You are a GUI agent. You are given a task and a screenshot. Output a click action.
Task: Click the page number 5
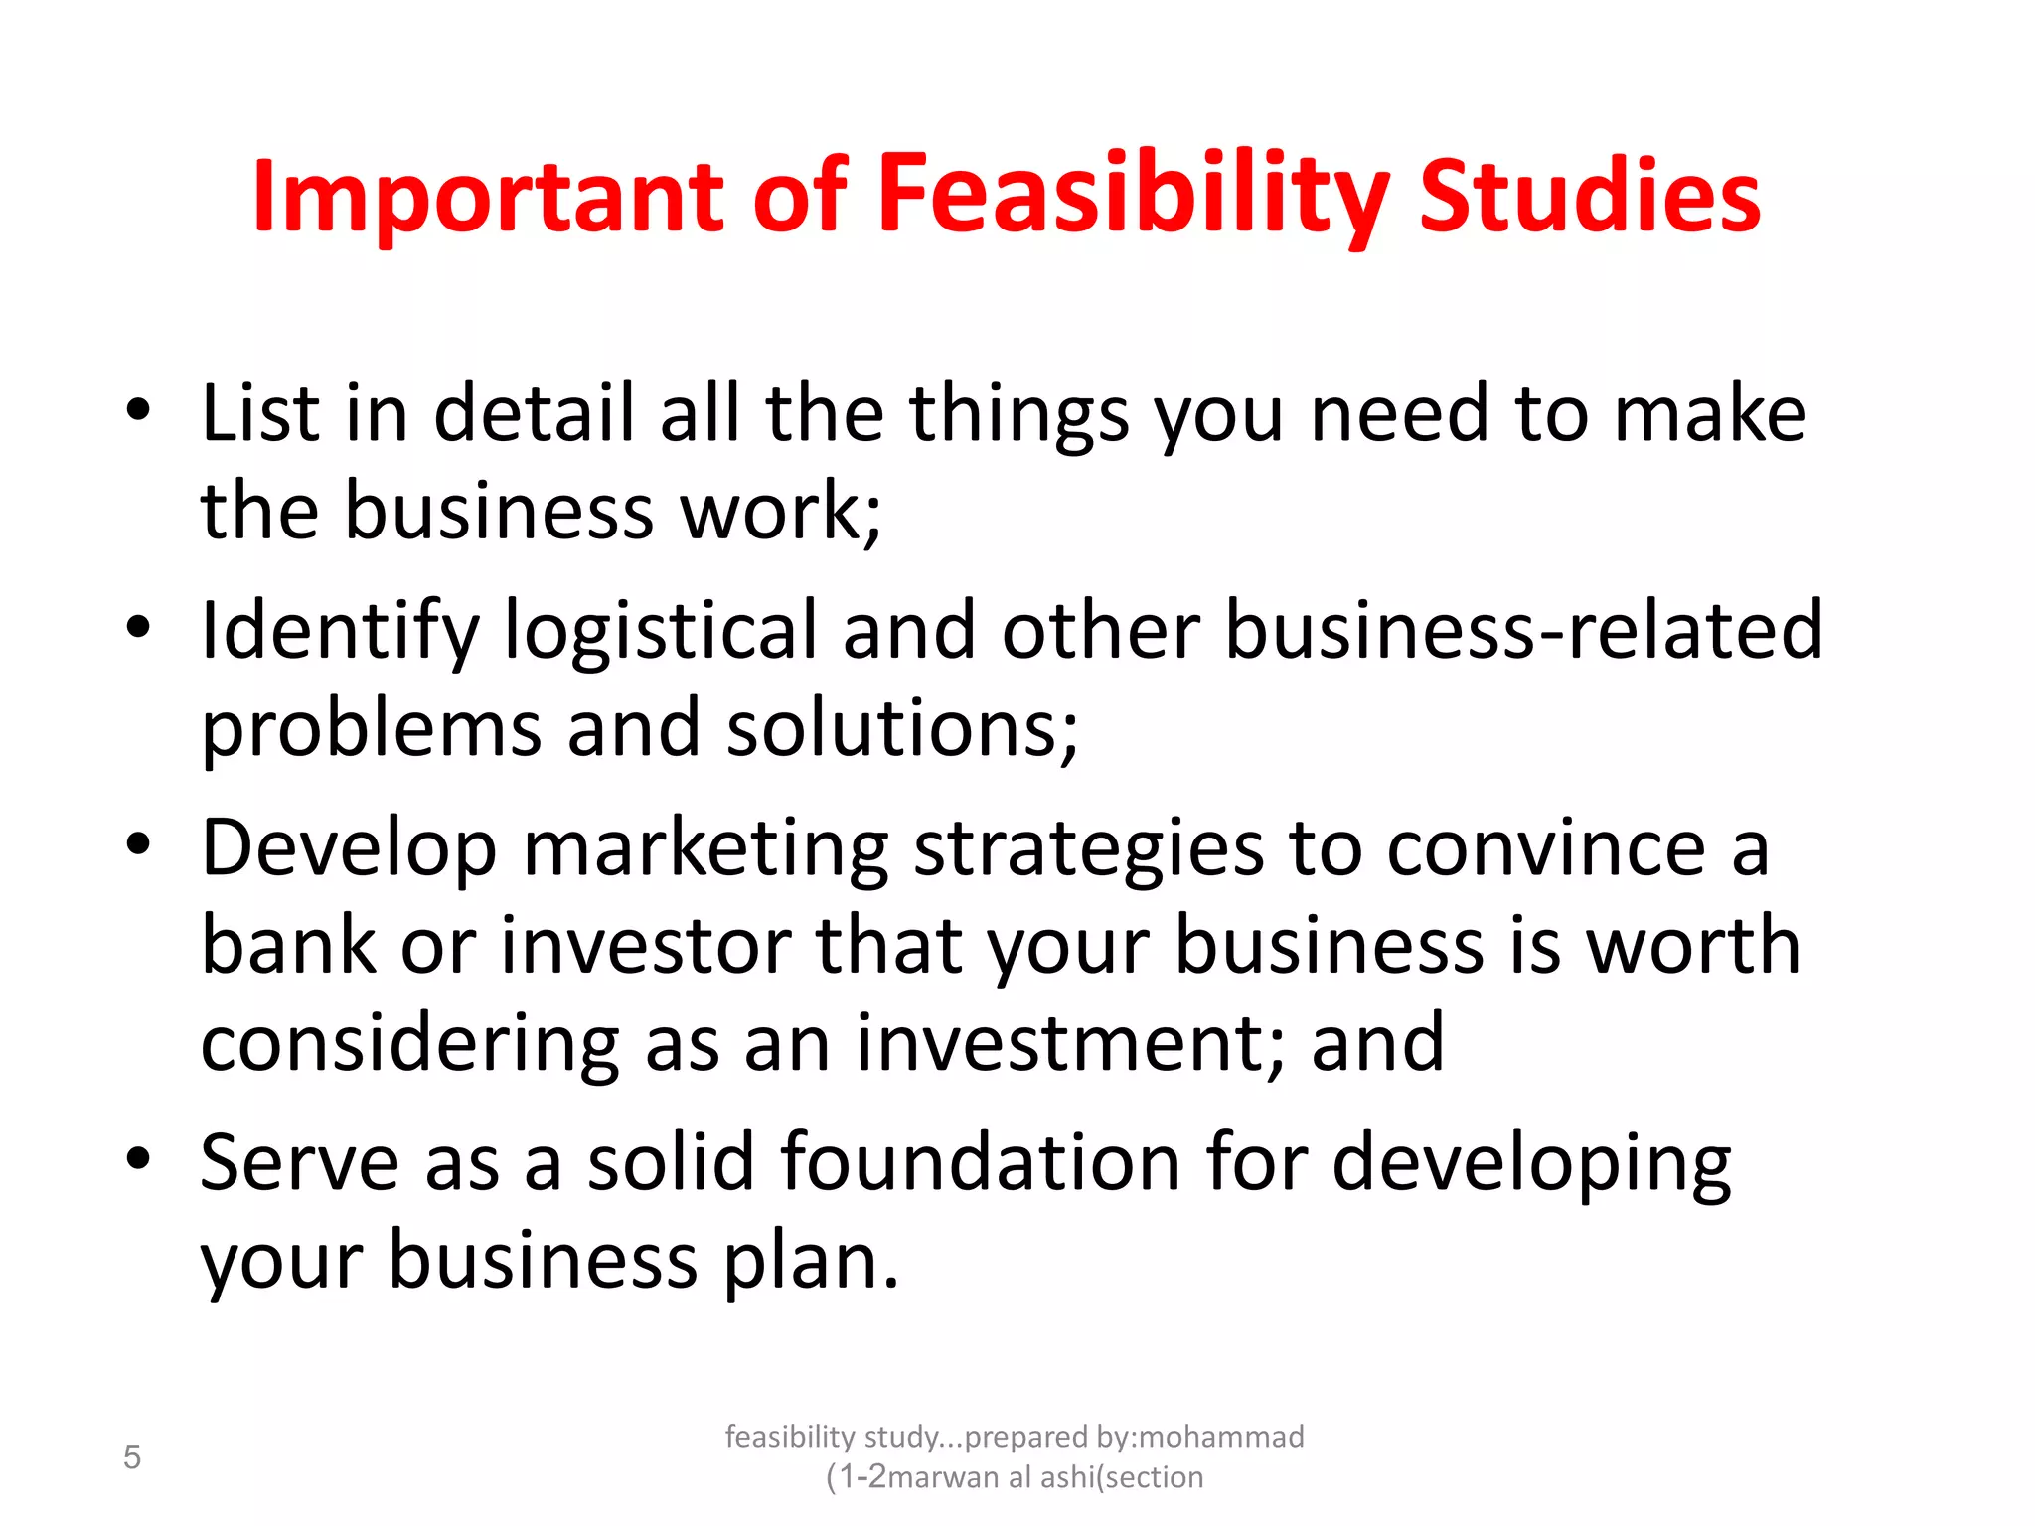tap(132, 1457)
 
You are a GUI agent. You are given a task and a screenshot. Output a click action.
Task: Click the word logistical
tap(661, 632)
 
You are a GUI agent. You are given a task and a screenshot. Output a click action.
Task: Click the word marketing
tap(705, 850)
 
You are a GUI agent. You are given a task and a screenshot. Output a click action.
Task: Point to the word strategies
tap(1088, 850)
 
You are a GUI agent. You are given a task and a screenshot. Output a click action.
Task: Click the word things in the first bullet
tap(1017, 415)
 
